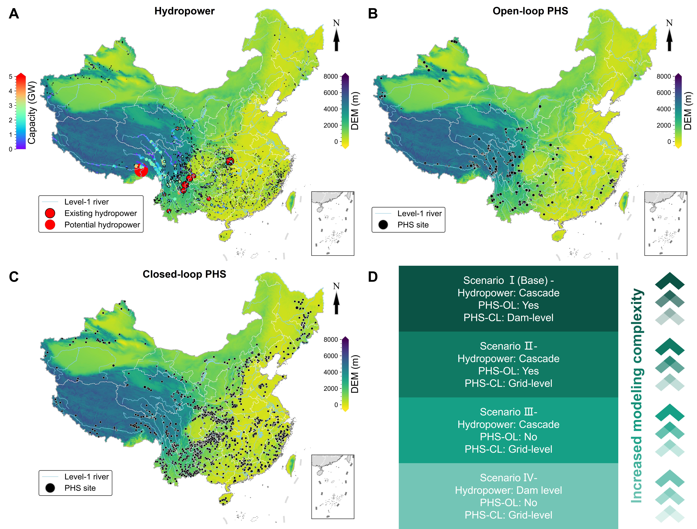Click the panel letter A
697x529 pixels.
(x=14, y=14)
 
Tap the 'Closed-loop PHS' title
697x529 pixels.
(x=184, y=274)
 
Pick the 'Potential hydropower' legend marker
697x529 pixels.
(x=50, y=225)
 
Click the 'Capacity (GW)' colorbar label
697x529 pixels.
(x=32, y=112)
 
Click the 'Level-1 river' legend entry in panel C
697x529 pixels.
(x=86, y=476)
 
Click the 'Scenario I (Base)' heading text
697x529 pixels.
(x=508, y=280)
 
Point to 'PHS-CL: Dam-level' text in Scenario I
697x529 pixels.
(x=508, y=317)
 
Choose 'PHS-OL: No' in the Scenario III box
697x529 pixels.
(x=508, y=437)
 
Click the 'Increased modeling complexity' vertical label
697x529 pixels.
(x=637, y=396)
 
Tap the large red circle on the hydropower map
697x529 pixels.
(x=141, y=170)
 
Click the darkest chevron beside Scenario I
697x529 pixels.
(x=670, y=281)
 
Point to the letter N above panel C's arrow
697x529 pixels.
(x=336, y=286)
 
